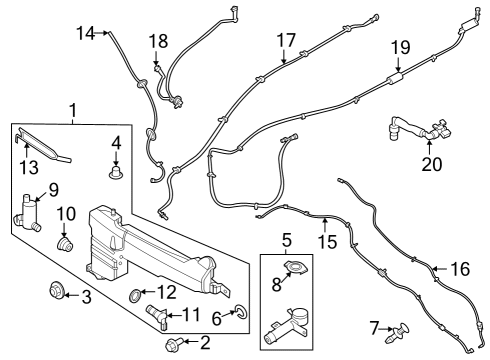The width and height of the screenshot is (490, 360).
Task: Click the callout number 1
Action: click(71, 109)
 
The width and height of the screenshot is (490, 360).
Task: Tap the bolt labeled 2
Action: click(173, 345)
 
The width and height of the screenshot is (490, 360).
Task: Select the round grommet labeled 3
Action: click(57, 293)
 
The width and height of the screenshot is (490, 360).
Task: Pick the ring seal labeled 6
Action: click(242, 316)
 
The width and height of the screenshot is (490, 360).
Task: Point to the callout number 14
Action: click(85, 33)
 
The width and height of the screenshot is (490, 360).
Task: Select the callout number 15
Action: click(329, 242)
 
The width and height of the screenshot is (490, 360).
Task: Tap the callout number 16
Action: click(459, 269)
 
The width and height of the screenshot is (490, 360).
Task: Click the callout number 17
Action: click(287, 40)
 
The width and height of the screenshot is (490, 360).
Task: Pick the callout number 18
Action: click(159, 41)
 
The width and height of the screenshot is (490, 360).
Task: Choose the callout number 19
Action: click(400, 46)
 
